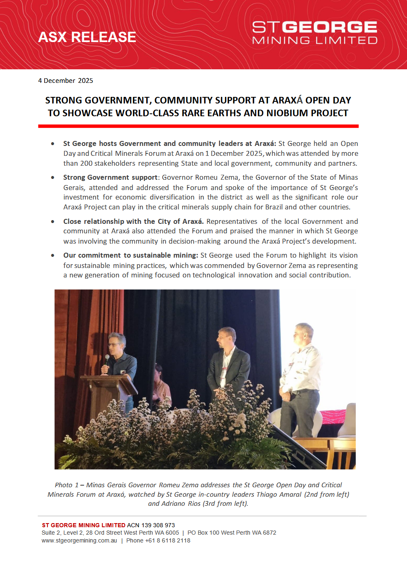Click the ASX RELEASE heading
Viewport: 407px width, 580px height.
[87, 37]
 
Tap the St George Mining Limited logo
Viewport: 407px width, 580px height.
[315, 33]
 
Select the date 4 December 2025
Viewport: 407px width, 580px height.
[66, 81]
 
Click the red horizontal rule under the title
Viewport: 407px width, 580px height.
[198, 126]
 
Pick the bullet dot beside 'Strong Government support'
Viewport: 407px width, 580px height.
[53, 178]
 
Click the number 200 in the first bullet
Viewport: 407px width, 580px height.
[86, 164]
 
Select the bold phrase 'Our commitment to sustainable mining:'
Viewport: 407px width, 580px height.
[130, 256]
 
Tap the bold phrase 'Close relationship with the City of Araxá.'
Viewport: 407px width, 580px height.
[133, 222]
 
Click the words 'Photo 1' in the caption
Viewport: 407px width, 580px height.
[66, 485]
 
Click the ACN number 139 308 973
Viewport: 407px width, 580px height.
[158, 525]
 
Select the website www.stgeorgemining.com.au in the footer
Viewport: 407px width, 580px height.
[79, 541]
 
